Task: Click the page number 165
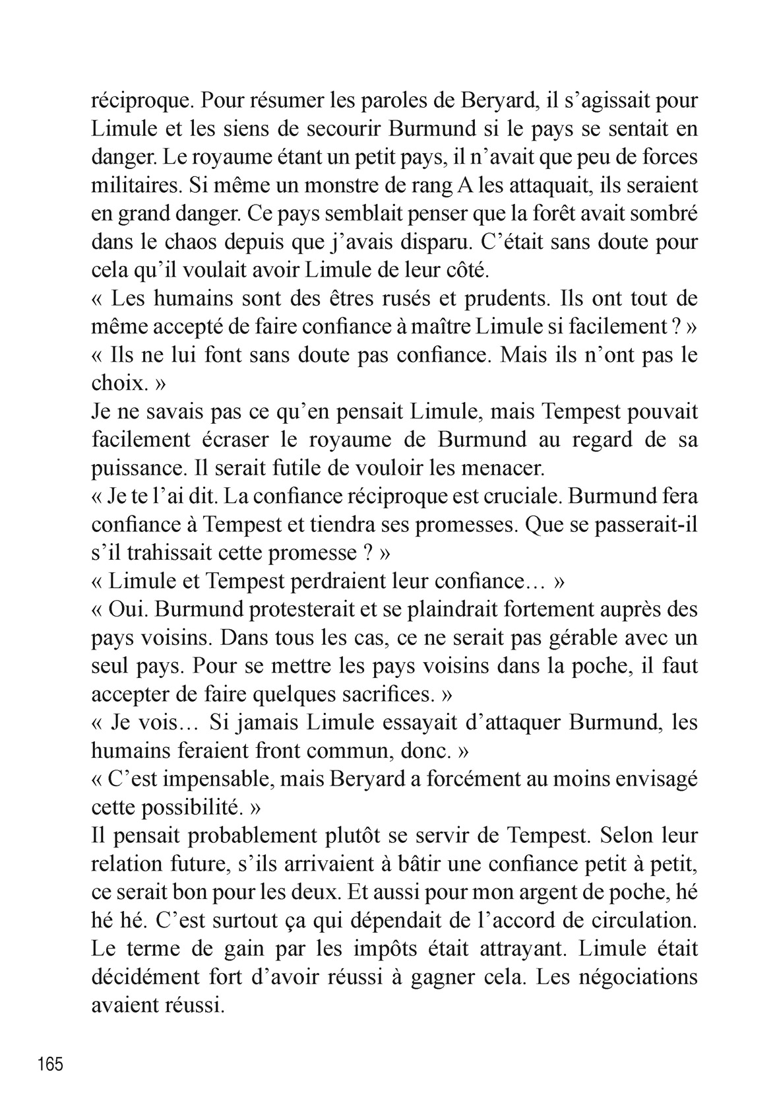click(50, 1064)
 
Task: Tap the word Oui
click(129, 609)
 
